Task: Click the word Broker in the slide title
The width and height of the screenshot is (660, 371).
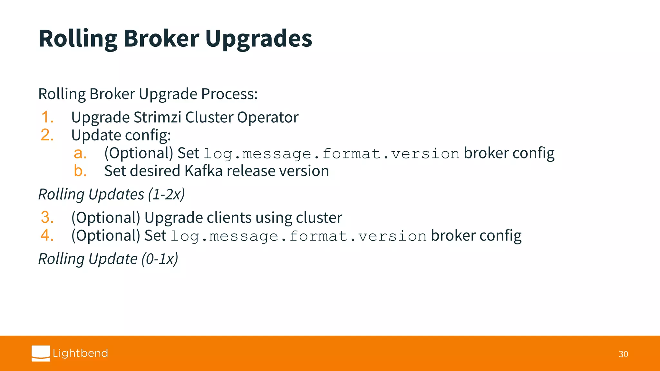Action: [x=161, y=39]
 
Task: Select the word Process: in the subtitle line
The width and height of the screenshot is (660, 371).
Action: [x=229, y=94]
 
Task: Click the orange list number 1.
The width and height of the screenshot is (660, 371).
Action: [x=47, y=117]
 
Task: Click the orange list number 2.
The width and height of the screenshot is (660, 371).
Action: [x=47, y=135]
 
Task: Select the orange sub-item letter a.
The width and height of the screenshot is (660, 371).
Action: [x=80, y=153]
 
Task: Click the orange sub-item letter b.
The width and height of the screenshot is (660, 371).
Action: [x=80, y=171]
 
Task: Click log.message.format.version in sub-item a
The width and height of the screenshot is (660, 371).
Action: [x=331, y=154]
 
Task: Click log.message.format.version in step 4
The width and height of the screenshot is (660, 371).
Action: [x=298, y=236]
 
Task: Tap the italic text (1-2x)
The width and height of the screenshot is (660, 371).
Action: [x=166, y=195]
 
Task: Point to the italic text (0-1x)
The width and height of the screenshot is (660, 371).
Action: [x=160, y=259]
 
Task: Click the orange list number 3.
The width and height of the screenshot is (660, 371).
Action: [x=47, y=217]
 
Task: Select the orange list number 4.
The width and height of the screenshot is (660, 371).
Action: [x=47, y=235]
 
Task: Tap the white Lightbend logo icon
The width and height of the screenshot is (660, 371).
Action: [x=41, y=353]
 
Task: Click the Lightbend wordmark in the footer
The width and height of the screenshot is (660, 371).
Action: [x=80, y=353]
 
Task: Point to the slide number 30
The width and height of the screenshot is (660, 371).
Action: [x=623, y=354]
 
